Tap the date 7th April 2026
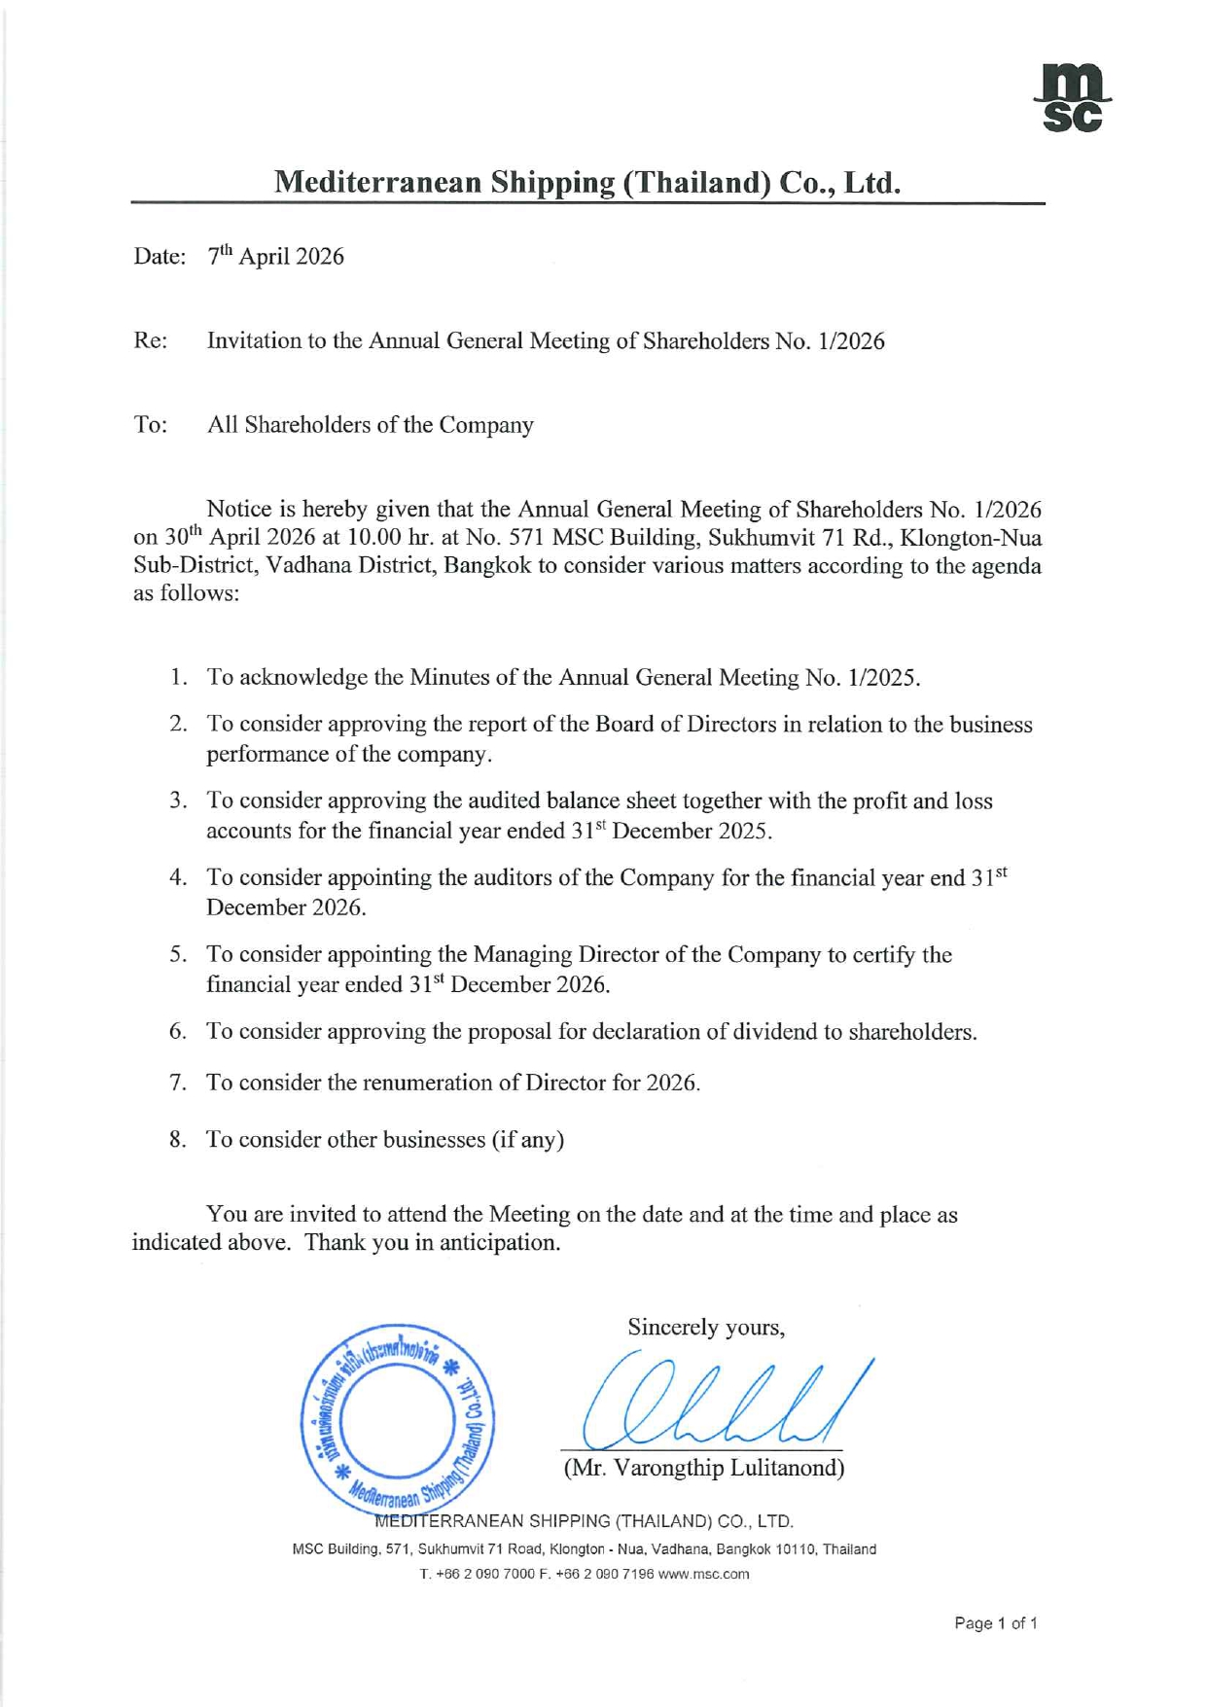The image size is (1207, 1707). pyautogui.click(x=276, y=257)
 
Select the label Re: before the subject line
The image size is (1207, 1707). pyautogui.click(x=150, y=341)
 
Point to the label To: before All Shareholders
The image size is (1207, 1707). pyautogui.click(x=150, y=425)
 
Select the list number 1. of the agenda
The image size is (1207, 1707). pyautogui.click(x=178, y=678)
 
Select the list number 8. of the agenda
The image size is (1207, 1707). pyautogui.click(x=178, y=1140)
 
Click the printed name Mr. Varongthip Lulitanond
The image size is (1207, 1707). pyautogui.click(x=704, y=1468)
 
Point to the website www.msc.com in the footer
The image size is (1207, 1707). pyautogui.click(x=703, y=1574)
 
